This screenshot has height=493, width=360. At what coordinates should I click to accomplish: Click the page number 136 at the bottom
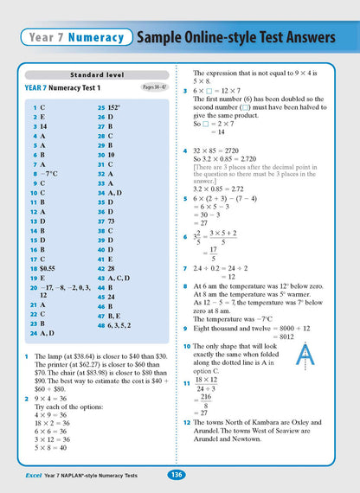click(x=176, y=474)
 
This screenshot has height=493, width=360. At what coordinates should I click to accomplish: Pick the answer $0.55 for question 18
click(x=50, y=258)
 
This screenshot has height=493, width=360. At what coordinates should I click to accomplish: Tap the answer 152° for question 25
click(x=117, y=107)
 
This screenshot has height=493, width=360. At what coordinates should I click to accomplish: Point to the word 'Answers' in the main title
click(x=299, y=37)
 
